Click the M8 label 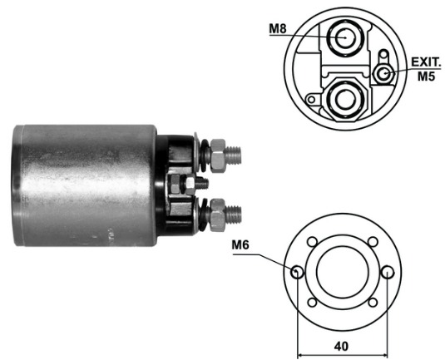click(x=278, y=29)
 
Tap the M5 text click(x=426, y=76)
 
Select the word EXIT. click(x=426, y=62)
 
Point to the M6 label click(x=240, y=244)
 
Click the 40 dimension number click(x=341, y=346)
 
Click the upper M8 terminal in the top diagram click(x=345, y=37)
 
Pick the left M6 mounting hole click(x=297, y=272)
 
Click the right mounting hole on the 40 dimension click(x=388, y=272)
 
